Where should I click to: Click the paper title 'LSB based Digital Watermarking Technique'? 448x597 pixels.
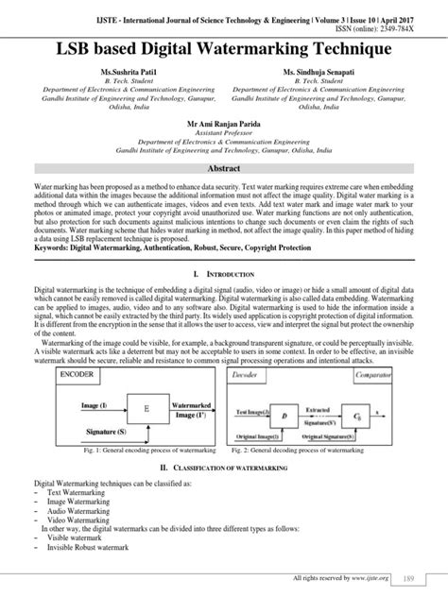(x=224, y=46)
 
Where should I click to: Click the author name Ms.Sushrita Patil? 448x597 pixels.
(x=114, y=72)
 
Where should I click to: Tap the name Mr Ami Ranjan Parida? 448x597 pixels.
(x=224, y=123)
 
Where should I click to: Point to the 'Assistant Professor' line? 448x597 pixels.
(x=224, y=132)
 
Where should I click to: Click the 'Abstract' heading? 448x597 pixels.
(x=224, y=167)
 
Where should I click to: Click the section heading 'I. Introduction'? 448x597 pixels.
(x=224, y=272)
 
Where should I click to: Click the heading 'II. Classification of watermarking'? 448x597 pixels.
(x=224, y=468)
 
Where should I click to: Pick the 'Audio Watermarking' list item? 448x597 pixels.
(x=62, y=509)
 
